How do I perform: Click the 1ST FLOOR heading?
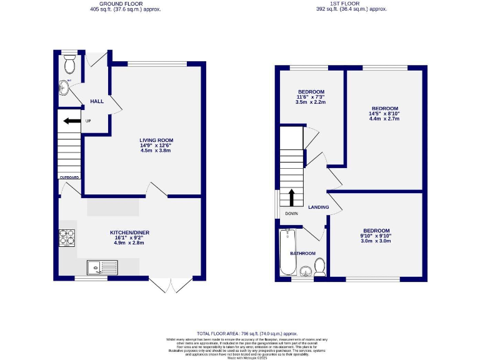(351, 2)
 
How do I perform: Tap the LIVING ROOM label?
(156, 140)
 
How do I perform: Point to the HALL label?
(97, 101)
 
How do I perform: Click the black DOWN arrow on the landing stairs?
(291, 197)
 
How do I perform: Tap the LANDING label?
(318, 207)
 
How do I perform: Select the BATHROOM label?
(302, 253)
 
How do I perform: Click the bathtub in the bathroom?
(287, 251)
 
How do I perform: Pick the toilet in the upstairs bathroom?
(319, 268)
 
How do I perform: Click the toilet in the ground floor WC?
(70, 64)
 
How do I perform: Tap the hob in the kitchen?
(67, 237)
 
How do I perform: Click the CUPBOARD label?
(69, 177)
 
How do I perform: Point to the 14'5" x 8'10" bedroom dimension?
(384, 114)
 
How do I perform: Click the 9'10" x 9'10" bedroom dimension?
(377, 236)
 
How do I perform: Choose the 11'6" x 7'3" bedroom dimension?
(311, 97)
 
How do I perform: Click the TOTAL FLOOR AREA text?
(246, 334)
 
